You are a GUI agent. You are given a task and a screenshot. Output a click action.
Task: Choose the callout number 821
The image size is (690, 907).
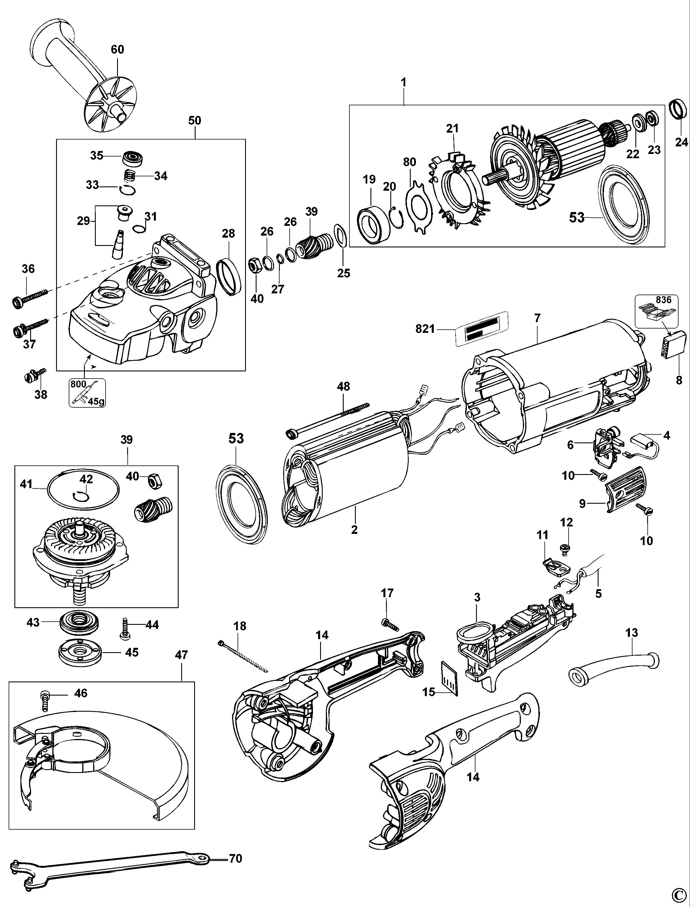click(x=425, y=329)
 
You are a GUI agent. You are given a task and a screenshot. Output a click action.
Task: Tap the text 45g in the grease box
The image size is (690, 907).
click(x=96, y=401)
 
